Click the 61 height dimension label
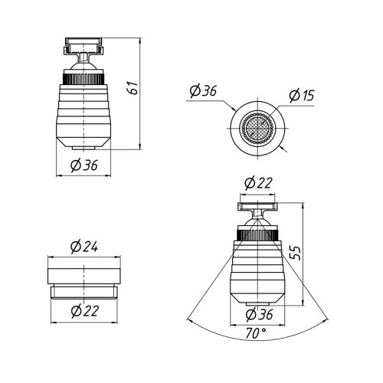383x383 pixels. click(x=133, y=88)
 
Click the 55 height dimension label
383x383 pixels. click(x=296, y=253)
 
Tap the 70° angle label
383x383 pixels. click(x=256, y=333)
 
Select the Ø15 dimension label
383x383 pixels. click(x=301, y=95)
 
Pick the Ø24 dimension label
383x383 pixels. click(x=84, y=247)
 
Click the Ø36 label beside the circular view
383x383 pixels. click(x=203, y=91)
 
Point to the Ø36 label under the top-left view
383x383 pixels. click(x=84, y=165)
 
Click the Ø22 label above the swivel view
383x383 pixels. click(x=258, y=183)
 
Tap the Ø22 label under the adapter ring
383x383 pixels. click(x=84, y=311)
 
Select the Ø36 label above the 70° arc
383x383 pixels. click(x=259, y=314)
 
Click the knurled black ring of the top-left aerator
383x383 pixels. click(x=83, y=79)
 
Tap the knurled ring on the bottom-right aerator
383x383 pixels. click(x=257, y=235)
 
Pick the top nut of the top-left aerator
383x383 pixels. click(x=83, y=46)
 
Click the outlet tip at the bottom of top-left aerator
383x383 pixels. click(x=83, y=148)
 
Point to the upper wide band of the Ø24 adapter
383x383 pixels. click(x=84, y=276)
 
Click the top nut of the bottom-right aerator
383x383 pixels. click(x=257, y=207)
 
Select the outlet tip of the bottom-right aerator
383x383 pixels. click(x=257, y=304)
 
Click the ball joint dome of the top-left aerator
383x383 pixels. click(x=83, y=65)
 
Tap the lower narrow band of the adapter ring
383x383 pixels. click(x=84, y=293)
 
